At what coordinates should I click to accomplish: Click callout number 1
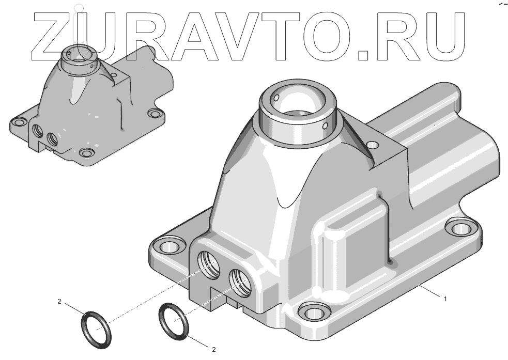(445, 299)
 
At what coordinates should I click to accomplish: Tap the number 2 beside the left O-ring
(59, 302)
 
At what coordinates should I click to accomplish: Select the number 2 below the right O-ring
(214, 349)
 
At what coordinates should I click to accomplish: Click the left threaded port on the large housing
(208, 265)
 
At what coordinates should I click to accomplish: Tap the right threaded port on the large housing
(240, 283)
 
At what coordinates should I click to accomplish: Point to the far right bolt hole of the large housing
(461, 229)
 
